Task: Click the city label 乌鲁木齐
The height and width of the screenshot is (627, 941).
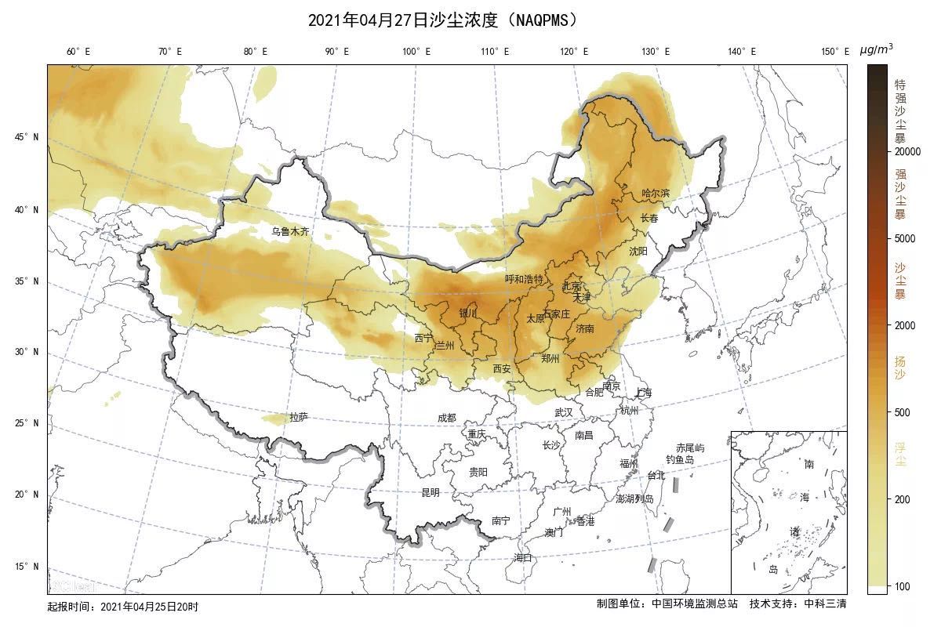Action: [290, 231]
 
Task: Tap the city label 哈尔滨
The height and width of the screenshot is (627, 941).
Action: [656, 193]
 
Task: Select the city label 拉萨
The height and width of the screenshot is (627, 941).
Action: [299, 417]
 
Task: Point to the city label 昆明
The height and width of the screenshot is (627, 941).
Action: [431, 493]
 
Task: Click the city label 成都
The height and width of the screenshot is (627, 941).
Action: [446, 419]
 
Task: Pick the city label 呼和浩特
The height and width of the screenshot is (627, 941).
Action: [524, 279]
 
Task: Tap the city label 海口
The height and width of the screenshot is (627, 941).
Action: [522, 558]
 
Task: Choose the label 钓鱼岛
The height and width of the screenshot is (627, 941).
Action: [680, 460]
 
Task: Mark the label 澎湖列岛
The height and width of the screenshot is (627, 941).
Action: [634, 498]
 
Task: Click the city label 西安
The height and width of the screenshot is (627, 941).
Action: [502, 368]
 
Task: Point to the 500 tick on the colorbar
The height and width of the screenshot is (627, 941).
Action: [903, 412]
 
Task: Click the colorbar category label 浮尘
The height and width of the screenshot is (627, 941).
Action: [900, 455]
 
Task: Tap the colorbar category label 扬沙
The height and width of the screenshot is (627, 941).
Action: [900, 368]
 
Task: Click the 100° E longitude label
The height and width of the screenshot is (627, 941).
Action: [416, 52]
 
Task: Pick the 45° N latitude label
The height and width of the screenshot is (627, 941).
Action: [26, 137]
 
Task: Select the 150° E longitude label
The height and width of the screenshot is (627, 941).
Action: [835, 52]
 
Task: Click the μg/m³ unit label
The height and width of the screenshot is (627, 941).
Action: [876, 49]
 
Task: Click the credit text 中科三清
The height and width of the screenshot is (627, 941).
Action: [825, 603]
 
